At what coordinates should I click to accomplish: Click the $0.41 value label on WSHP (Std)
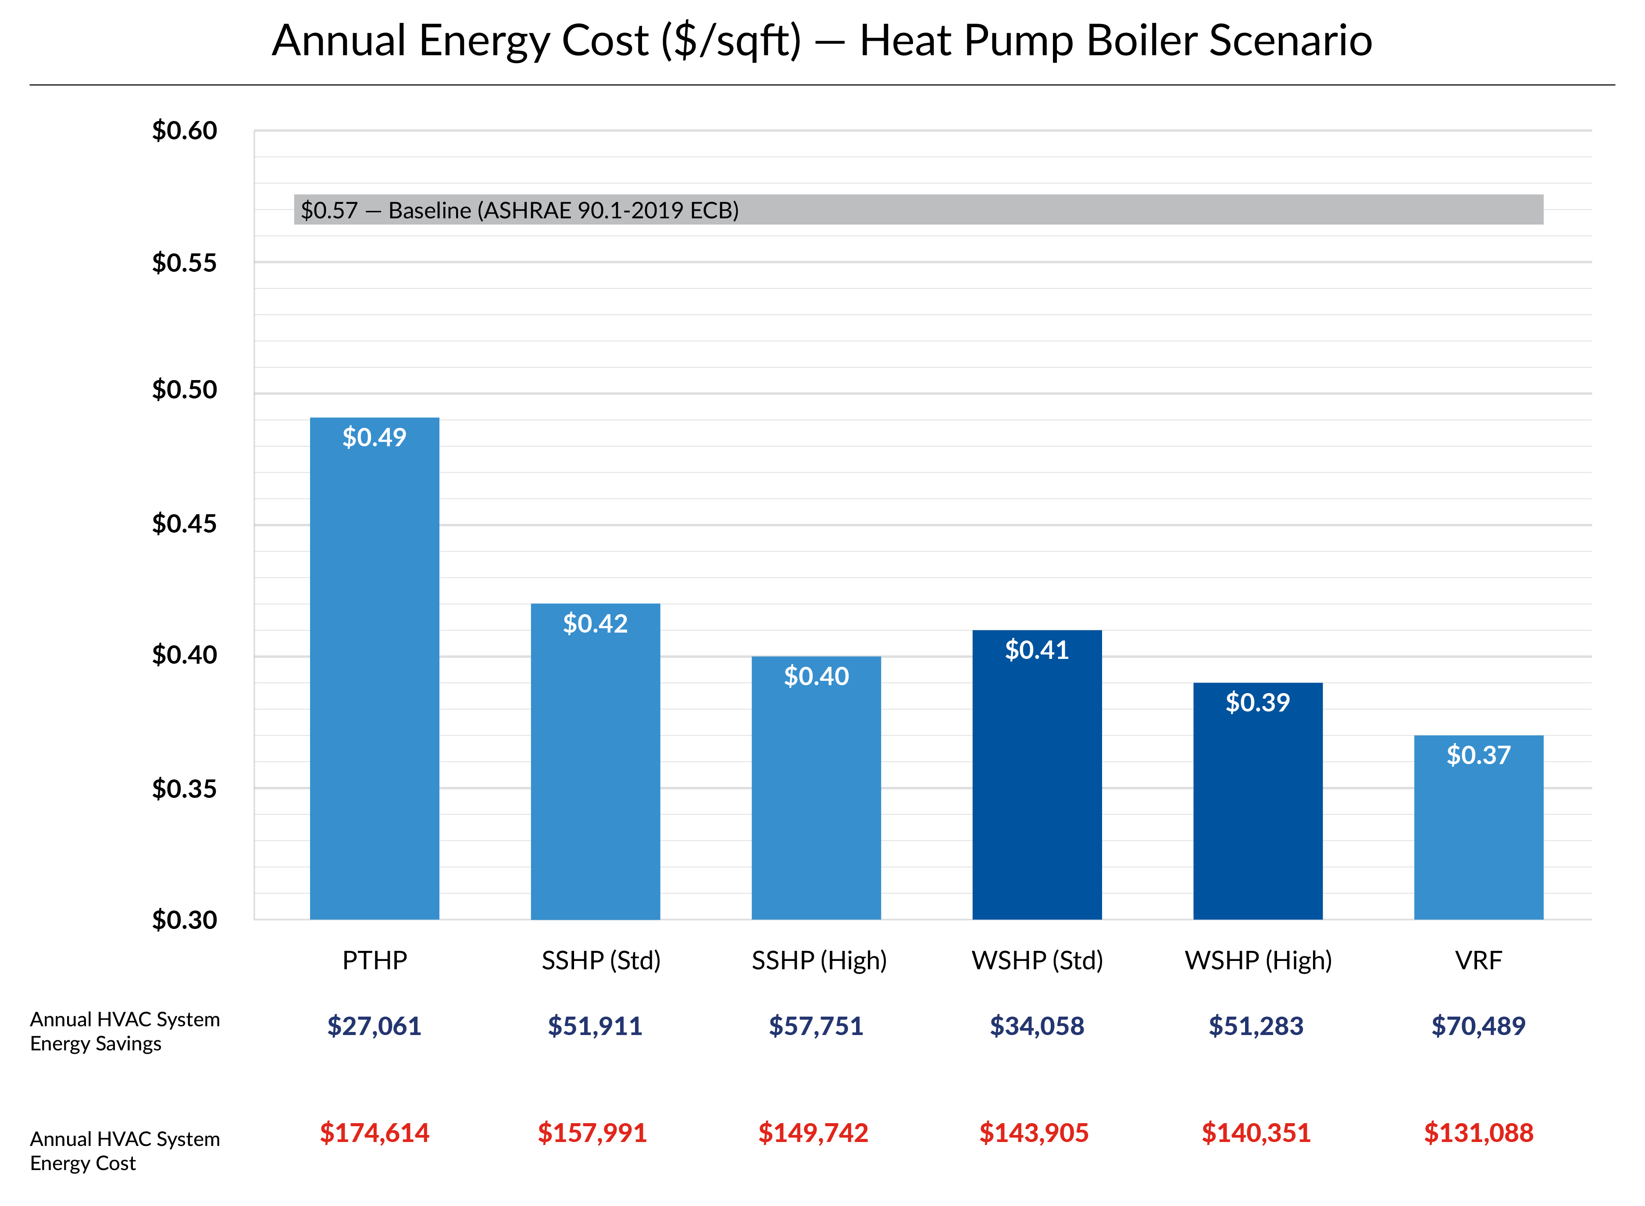pyautogui.click(x=1037, y=650)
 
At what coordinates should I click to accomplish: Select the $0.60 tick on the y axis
pyautogui.click(x=184, y=131)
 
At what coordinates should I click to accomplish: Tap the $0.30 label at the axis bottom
pyautogui.click(x=184, y=919)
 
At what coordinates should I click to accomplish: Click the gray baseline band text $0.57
pyautogui.click(x=329, y=210)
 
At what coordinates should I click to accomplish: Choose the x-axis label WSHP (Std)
pyautogui.click(x=1037, y=960)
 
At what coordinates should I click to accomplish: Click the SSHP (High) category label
pyautogui.click(x=819, y=960)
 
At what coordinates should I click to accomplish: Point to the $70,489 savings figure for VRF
pyautogui.click(x=1478, y=1026)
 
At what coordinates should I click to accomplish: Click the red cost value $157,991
pyautogui.click(x=592, y=1132)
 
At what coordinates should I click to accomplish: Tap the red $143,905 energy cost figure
pyautogui.click(x=1034, y=1132)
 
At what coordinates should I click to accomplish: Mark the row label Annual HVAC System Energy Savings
pyautogui.click(x=124, y=1031)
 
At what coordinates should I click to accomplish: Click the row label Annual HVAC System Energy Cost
pyautogui.click(x=124, y=1150)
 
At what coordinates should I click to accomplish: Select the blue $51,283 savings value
pyautogui.click(x=1256, y=1026)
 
